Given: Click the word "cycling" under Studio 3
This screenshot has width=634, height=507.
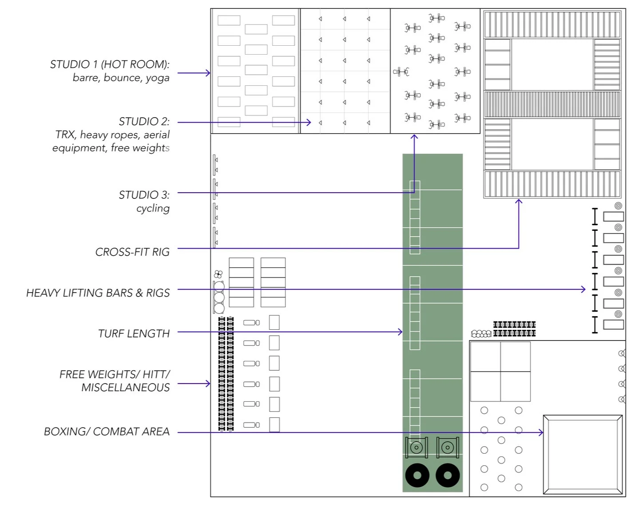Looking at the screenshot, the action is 153,209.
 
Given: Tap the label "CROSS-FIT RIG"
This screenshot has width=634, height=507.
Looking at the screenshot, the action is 132,252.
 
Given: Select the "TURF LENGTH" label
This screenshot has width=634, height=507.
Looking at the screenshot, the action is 134,333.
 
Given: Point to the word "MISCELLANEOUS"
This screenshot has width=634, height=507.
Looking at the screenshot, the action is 126,387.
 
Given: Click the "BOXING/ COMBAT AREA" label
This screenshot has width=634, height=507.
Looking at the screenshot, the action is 107,431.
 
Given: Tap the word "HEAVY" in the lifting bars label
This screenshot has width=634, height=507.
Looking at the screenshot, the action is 44,293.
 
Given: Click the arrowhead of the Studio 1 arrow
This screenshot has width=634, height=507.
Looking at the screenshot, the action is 208,73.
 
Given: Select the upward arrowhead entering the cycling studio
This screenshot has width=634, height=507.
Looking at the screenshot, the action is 414,137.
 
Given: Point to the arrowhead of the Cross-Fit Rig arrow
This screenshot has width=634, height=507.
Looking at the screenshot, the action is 519,201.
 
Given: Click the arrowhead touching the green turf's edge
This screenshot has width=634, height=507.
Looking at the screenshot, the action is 400,332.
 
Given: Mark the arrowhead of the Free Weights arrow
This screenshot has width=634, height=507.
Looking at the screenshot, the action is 208,384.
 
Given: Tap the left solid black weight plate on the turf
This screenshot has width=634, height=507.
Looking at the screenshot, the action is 417,475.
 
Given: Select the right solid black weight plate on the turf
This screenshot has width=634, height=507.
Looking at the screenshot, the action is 448,475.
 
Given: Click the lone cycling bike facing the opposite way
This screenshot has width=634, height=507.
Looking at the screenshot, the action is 401,71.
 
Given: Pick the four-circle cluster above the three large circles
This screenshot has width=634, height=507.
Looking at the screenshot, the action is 218,274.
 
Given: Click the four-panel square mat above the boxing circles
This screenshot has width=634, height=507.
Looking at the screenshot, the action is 500,372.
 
